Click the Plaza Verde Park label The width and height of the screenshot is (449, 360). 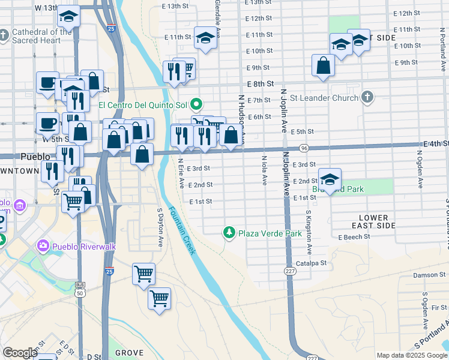(270, 233)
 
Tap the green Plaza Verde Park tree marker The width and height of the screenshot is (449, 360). (228, 232)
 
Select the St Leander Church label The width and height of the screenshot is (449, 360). (324, 97)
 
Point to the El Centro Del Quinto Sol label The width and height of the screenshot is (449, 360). (144, 104)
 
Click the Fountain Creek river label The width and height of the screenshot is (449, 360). (181, 231)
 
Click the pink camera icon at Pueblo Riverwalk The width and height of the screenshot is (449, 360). (43, 245)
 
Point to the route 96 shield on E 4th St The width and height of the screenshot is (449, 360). (304, 148)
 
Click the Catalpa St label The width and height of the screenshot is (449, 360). (311, 263)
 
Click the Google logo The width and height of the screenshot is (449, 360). (20, 353)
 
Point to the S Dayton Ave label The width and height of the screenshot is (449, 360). (160, 229)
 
